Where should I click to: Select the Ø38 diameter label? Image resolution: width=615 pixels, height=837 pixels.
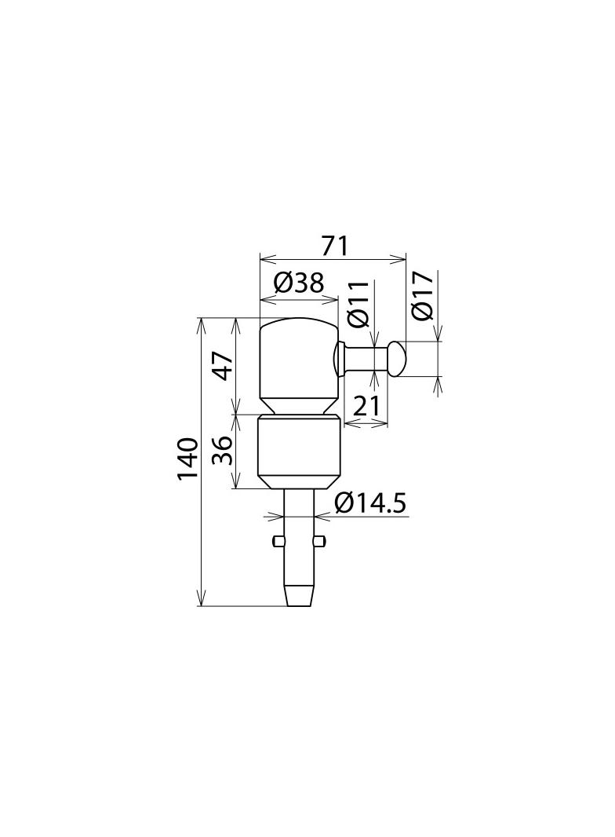pyautogui.click(x=299, y=283)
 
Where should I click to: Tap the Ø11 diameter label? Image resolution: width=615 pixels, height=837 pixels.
pyautogui.click(x=357, y=303)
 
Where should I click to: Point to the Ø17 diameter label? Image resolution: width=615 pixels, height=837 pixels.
pyautogui.click(x=421, y=296)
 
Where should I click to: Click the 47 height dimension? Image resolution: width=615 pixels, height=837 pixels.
pyautogui.click(x=223, y=366)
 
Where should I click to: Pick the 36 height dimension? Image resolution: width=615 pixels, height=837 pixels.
pyautogui.click(x=223, y=451)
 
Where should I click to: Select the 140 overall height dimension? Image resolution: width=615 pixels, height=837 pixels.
pyautogui.click(x=186, y=460)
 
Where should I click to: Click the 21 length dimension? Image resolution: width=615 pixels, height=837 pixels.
pyautogui.click(x=366, y=406)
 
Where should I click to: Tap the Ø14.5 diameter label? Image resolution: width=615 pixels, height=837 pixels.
pyautogui.click(x=370, y=503)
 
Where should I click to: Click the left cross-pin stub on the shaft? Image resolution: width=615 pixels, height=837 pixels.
pyautogui.click(x=278, y=540)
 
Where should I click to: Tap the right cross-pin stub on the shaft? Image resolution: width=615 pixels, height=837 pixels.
pyautogui.click(x=320, y=540)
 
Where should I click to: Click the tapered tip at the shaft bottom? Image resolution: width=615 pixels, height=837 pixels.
pyautogui.click(x=299, y=594)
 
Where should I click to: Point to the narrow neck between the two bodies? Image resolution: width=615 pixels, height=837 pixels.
pyautogui.click(x=299, y=411)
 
